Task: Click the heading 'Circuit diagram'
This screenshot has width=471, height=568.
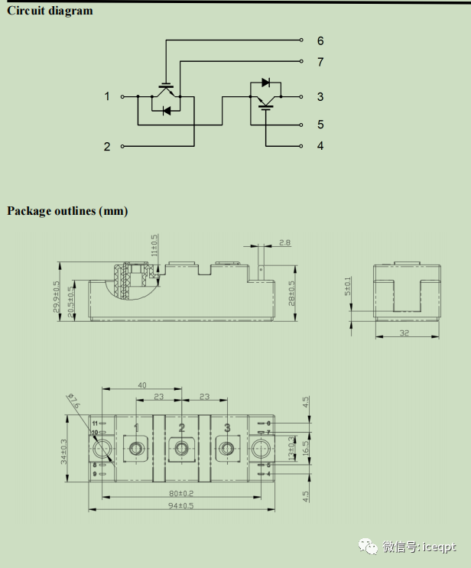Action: click(x=50, y=11)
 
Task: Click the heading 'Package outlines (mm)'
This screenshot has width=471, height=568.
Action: click(x=67, y=210)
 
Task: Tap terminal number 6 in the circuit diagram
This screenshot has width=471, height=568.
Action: click(x=320, y=41)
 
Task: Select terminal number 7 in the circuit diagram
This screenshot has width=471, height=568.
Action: click(x=320, y=62)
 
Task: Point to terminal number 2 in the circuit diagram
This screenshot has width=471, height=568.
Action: click(x=107, y=146)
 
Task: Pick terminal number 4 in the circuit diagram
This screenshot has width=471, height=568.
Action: click(x=320, y=145)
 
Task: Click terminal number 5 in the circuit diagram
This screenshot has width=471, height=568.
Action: click(x=320, y=125)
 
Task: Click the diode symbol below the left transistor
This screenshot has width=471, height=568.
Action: click(x=167, y=111)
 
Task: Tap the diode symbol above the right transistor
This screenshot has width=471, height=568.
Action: click(x=265, y=82)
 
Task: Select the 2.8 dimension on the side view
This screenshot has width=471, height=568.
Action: click(x=284, y=242)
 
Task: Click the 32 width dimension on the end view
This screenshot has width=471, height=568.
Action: click(x=405, y=333)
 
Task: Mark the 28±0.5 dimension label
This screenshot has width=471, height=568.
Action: click(x=291, y=293)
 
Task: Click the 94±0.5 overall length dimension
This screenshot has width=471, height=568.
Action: click(x=181, y=505)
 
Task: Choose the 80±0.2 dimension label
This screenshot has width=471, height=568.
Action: click(x=181, y=493)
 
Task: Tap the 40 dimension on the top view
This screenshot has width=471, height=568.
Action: click(x=141, y=386)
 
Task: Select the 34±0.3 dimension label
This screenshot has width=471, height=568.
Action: click(x=66, y=450)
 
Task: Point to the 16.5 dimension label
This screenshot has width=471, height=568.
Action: click(x=305, y=448)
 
